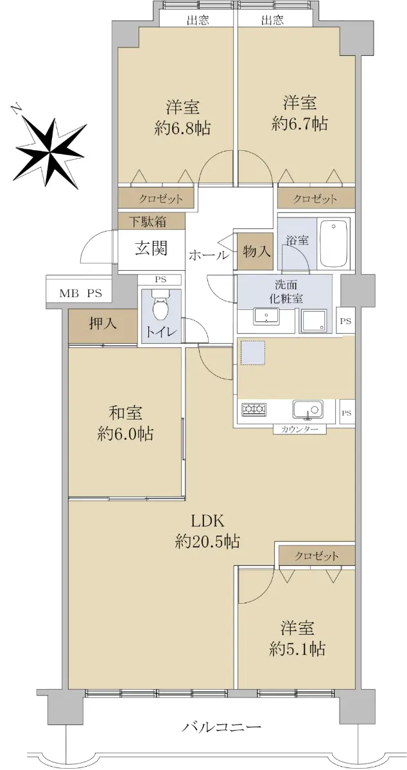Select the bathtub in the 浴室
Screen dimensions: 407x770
coord(333,244)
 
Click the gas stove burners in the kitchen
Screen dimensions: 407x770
coord(254,409)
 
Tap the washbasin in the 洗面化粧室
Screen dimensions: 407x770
coord(266,316)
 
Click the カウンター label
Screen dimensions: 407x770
coord(299,429)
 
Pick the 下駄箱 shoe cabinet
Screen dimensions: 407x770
coord(152,221)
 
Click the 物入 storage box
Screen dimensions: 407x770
coord(256,252)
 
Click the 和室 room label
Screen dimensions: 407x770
coord(125,413)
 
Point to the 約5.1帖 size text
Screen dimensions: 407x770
coord(297,649)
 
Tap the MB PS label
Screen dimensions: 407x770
coord(80,294)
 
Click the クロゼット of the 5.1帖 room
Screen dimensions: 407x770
coord(316,556)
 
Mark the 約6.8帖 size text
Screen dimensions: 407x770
coord(182,128)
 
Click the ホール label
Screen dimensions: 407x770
coord(209,255)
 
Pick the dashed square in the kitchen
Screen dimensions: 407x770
coord(252,352)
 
